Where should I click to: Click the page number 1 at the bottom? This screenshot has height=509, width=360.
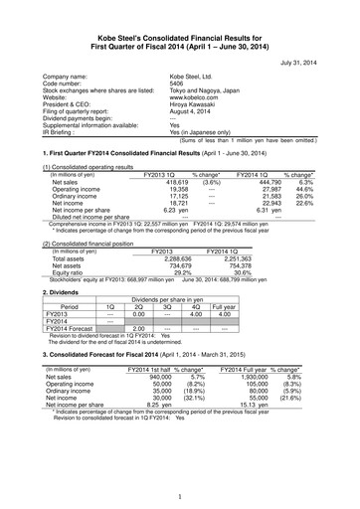[x=180, y=496]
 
